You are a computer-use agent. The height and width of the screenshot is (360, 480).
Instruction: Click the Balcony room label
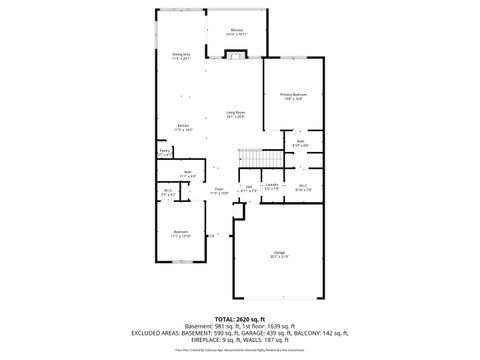[236, 31]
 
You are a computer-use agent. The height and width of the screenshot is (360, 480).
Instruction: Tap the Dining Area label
[181, 56]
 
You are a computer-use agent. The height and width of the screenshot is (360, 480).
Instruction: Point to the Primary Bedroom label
[291, 96]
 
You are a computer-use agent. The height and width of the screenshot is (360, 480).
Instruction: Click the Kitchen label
[182, 127]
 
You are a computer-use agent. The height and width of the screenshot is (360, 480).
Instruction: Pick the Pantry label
[165, 152]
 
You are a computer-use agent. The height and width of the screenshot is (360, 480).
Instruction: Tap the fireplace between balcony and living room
[234, 54]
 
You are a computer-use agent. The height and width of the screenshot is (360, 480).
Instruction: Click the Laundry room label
[271, 186]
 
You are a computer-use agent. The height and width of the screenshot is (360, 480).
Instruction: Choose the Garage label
[278, 254]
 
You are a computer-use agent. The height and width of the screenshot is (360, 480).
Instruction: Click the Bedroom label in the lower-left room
[181, 234]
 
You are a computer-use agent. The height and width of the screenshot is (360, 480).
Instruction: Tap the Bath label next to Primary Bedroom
[300, 143]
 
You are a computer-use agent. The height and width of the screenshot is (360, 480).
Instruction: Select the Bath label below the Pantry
[187, 174]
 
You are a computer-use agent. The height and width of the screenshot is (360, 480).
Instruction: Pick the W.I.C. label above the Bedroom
[167, 193]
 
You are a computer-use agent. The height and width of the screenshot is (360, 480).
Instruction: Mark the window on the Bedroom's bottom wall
[181, 262]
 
